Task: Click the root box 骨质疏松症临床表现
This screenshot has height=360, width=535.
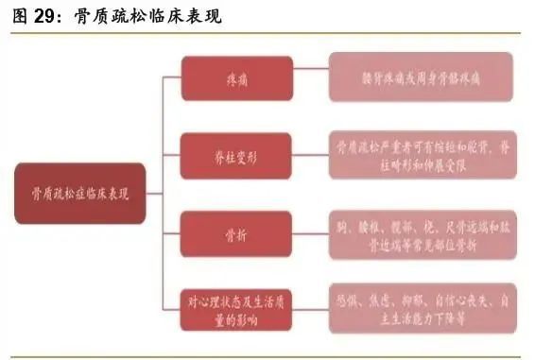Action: point(80,193)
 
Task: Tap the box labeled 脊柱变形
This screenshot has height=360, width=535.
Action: point(230,156)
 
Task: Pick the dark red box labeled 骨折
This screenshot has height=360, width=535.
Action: point(230,232)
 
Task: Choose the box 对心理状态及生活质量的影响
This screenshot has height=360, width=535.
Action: point(230,309)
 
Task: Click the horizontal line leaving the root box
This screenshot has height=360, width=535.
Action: point(155,194)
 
